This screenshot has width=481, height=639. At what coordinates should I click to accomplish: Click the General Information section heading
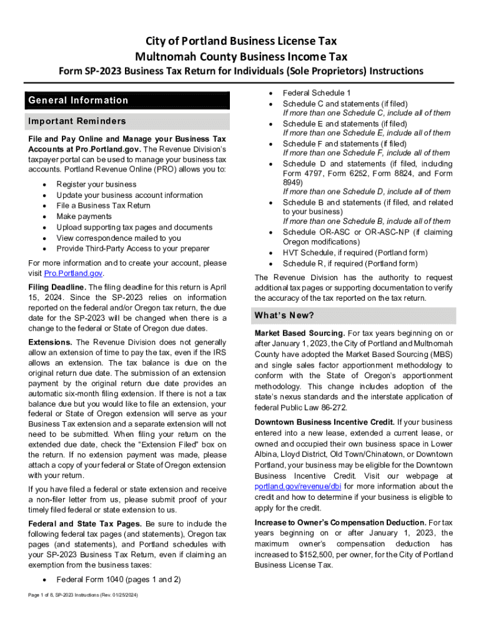click(79, 100)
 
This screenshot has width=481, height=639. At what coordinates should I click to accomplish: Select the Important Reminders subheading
click(77, 121)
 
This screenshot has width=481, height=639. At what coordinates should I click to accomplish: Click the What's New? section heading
click(284, 315)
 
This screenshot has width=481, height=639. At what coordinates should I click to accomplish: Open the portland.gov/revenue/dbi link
click(298, 486)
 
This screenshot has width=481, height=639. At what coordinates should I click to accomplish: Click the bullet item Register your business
click(96, 185)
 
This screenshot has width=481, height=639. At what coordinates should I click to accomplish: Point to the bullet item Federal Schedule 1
click(317, 92)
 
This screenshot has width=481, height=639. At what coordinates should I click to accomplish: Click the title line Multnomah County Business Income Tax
click(241, 56)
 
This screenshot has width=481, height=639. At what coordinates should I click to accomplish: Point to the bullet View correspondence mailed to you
click(119, 238)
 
